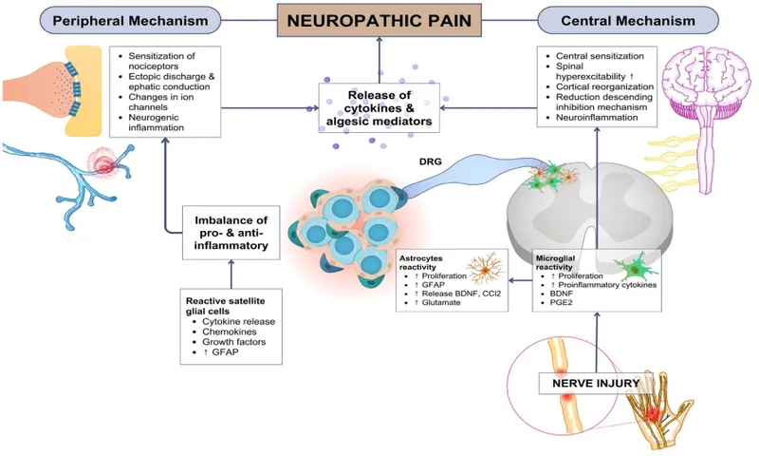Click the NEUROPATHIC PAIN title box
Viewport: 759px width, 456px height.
(379, 19)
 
